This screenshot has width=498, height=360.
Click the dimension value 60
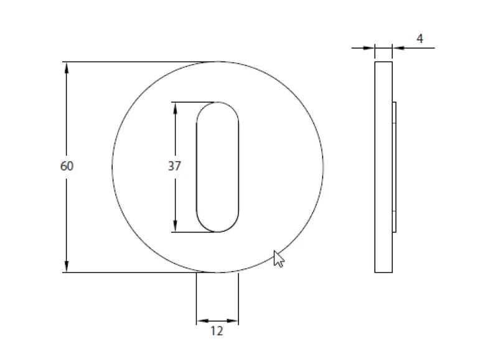[x=67, y=166]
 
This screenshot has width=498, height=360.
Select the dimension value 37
[x=174, y=166]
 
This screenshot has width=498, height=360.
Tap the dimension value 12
[x=217, y=331]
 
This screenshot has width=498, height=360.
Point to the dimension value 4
[x=420, y=39]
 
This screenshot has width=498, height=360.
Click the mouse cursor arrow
[x=278, y=258]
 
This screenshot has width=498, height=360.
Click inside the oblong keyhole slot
[x=217, y=167]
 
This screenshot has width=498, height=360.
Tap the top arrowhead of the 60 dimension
[x=67, y=67]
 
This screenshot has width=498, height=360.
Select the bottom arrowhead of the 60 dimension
[x=67, y=267]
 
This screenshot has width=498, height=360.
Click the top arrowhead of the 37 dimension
[x=176, y=108]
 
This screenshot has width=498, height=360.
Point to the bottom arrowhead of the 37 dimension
[x=176, y=226]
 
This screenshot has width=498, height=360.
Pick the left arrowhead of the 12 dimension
[x=202, y=321]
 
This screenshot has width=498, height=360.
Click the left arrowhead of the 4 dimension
[x=370, y=47]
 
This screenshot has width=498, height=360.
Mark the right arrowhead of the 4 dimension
[x=397, y=47]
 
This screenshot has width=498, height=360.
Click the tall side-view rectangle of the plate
[x=383, y=167]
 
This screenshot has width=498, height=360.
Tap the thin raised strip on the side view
[x=394, y=167]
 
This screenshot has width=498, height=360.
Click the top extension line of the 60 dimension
[x=137, y=62]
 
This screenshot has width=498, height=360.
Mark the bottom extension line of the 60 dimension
[x=137, y=272]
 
